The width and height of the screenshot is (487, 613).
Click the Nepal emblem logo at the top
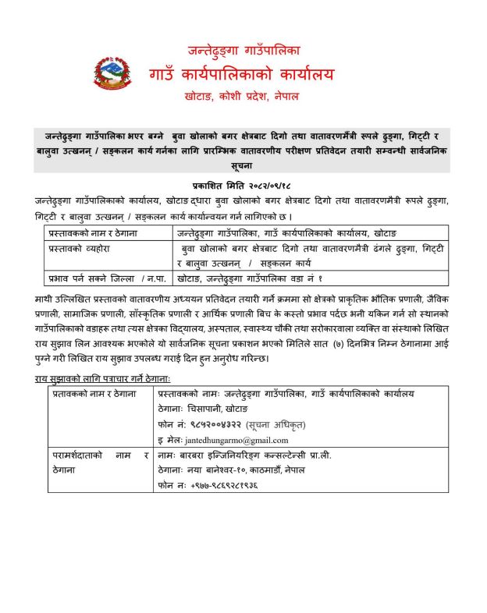tap(112, 74)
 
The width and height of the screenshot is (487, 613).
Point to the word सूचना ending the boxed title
tap(243, 167)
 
